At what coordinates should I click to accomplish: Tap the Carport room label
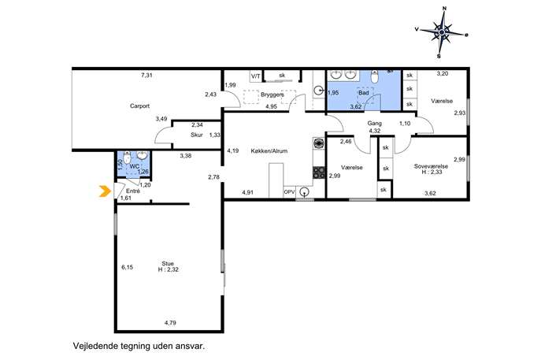[x=139, y=106]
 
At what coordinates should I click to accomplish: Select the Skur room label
[x=197, y=135]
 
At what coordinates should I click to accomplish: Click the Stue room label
[x=168, y=264]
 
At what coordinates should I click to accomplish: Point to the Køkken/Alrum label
[x=269, y=150]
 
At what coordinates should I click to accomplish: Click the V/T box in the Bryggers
[x=256, y=76]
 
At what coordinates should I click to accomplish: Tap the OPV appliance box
[x=288, y=192]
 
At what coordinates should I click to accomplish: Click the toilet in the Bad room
[x=375, y=76]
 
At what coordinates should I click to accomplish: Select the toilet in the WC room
[x=127, y=157]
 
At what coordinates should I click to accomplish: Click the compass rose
[x=442, y=33]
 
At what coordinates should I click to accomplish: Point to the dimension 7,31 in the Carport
[x=146, y=76]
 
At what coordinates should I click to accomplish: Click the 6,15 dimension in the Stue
[x=127, y=267]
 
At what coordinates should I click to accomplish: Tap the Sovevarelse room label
[x=431, y=166]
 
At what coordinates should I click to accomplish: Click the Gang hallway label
[x=374, y=123]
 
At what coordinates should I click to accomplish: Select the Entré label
[x=133, y=191]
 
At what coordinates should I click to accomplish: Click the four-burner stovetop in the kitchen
[x=319, y=173]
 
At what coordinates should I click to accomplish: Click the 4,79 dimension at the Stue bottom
[x=170, y=323]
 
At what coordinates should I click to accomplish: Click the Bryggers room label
[x=272, y=95]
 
